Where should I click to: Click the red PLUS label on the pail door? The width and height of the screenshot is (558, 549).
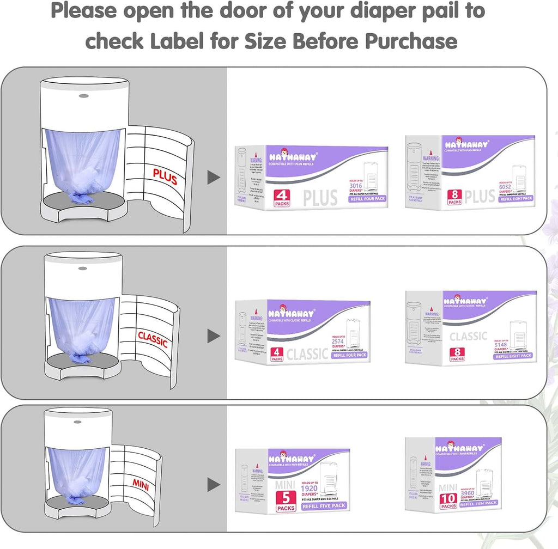[x=165, y=177]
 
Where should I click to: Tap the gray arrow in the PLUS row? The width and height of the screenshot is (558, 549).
[x=214, y=177]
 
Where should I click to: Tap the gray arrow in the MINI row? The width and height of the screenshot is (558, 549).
[x=214, y=484]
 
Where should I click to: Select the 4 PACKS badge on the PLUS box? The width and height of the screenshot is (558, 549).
[x=283, y=198]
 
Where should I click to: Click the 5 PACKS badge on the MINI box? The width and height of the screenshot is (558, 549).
[x=285, y=499]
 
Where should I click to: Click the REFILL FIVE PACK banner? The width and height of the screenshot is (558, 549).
[x=324, y=507]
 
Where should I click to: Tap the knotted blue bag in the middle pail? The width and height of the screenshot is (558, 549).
[x=81, y=357]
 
